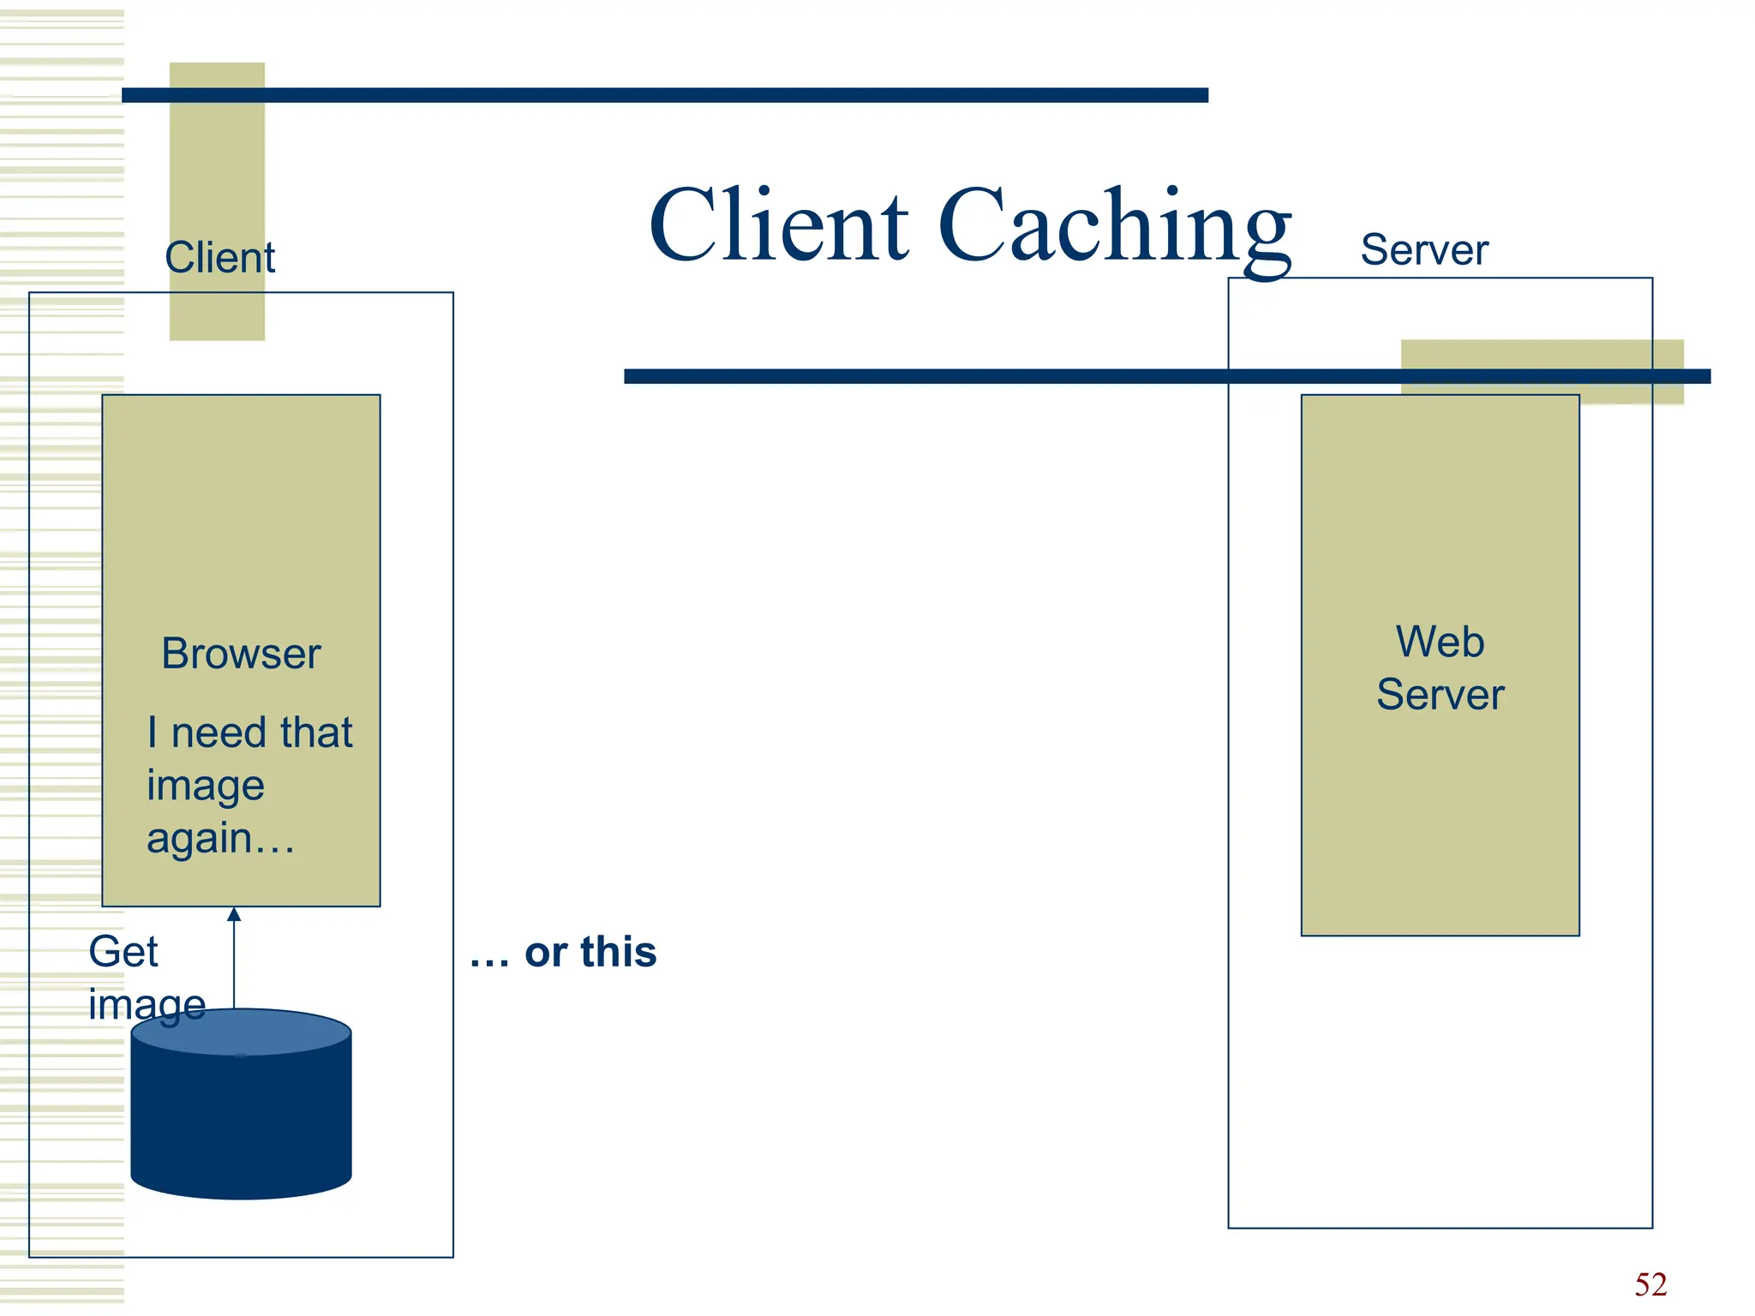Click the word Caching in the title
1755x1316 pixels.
click(1114, 227)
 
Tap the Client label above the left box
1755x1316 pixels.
click(219, 257)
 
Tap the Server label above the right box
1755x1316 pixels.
click(1423, 250)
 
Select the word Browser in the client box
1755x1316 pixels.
click(241, 654)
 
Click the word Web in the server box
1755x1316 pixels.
click(1440, 642)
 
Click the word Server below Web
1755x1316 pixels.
click(1440, 694)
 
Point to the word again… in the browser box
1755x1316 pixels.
click(220, 838)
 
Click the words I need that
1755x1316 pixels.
click(249, 733)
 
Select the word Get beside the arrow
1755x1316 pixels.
click(123, 951)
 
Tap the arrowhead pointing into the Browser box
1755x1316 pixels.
click(234, 914)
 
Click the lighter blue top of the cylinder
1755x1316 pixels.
click(241, 1032)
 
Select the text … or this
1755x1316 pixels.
click(563, 952)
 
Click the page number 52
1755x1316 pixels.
click(1650, 1284)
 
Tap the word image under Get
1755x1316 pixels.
click(147, 1004)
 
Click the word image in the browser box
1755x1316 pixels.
click(205, 787)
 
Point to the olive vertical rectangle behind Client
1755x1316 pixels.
click(217, 171)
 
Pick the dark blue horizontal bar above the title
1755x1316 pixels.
click(664, 95)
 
